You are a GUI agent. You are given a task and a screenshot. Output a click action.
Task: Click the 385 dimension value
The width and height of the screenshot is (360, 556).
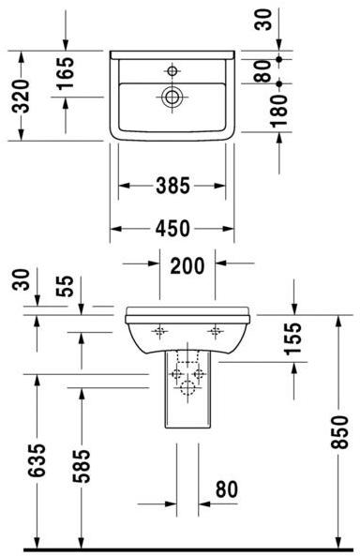click(172, 186)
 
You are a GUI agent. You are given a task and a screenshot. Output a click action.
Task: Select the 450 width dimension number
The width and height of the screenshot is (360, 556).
click(172, 228)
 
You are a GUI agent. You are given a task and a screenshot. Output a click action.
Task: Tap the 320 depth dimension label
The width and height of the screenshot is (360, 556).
click(23, 94)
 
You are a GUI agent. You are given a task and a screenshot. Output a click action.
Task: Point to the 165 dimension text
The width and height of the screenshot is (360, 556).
click(66, 75)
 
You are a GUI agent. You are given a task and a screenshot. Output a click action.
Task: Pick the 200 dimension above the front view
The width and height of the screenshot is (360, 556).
click(187, 264)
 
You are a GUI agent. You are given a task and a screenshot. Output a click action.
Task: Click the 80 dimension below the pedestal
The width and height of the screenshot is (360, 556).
click(226, 489)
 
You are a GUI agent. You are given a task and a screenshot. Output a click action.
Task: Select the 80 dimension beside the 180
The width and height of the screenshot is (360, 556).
click(263, 70)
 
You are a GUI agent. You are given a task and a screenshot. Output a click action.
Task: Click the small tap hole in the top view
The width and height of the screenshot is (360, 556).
click(172, 69)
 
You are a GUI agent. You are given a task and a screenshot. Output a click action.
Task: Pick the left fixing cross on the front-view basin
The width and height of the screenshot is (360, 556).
click(158, 330)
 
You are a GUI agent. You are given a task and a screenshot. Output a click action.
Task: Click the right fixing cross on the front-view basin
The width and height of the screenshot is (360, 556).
click(217, 330)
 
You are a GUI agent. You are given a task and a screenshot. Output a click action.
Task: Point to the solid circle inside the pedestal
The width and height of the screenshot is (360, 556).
click(187, 388)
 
